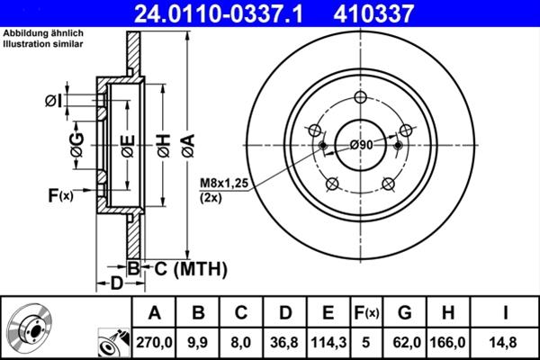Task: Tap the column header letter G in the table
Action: tap(405, 312)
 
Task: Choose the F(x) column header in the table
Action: tap(367, 312)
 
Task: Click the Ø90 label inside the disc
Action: tap(361, 146)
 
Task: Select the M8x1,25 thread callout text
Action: tap(223, 184)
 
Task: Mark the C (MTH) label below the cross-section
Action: tap(185, 268)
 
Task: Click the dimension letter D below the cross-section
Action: tap(115, 284)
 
